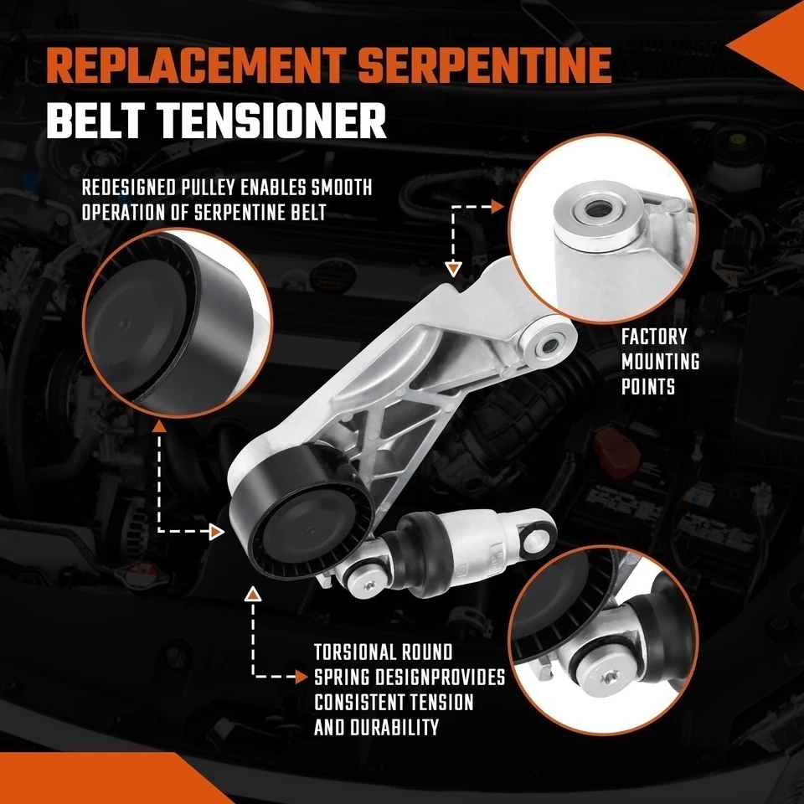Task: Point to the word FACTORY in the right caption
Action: click(x=654, y=338)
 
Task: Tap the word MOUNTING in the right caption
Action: click(x=660, y=363)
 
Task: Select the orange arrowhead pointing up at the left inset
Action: click(x=159, y=426)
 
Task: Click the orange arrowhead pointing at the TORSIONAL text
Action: click(x=301, y=675)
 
